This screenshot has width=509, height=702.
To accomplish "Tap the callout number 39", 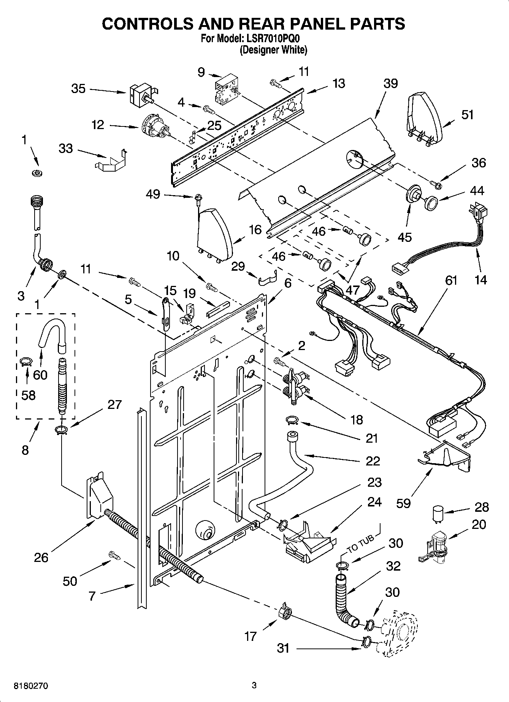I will (x=390, y=84).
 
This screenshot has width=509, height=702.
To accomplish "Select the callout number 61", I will (x=451, y=281).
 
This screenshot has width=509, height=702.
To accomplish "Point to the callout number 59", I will (x=403, y=503).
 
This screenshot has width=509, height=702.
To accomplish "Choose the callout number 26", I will (x=41, y=557).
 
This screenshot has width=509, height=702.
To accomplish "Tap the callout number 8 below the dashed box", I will (x=25, y=450).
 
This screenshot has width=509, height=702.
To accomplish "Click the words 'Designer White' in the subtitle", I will (x=273, y=50).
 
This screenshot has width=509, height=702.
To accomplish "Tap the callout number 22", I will (x=373, y=461).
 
